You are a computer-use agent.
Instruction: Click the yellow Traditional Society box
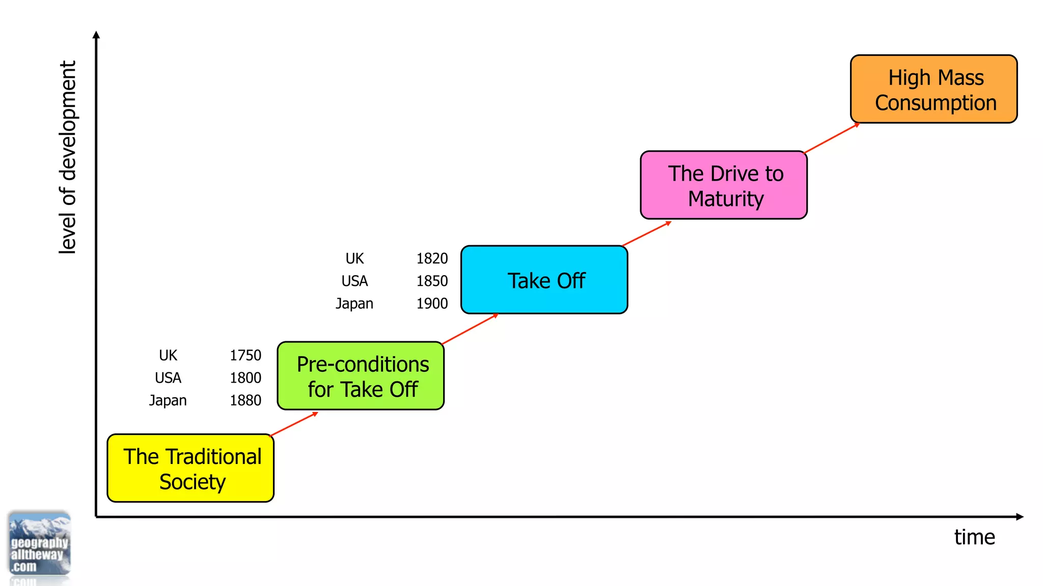click(x=190, y=468)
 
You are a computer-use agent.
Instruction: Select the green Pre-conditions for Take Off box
click(x=361, y=376)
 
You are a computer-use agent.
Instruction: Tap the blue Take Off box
click(x=544, y=280)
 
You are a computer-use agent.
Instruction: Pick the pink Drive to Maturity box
click(x=724, y=185)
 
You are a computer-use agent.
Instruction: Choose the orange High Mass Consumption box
click(x=934, y=90)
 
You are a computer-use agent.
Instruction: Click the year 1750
click(x=245, y=355)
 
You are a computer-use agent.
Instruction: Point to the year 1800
click(x=245, y=377)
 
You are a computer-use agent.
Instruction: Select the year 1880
click(x=245, y=400)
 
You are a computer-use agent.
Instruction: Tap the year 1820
click(x=432, y=258)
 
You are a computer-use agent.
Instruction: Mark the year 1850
click(x=432, y=281)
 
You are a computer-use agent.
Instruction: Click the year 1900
click(x=432, y=303)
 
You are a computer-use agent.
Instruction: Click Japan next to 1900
click(x=354, y=304)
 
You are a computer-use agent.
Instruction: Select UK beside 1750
click(x=168, y=355)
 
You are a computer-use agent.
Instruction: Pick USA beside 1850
click(x=354, y=281)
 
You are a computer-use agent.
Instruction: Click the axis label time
click(x=974, y=537)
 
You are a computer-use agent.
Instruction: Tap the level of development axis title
click(x=68, y=157)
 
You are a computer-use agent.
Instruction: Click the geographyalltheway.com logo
click(x=39, y=545)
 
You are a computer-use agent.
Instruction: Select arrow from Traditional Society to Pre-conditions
click(x=294, y=424)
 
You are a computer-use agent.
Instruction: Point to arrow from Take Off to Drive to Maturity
click(x=647, y=234)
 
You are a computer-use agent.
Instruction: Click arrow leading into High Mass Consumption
click(x=832, y=138)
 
